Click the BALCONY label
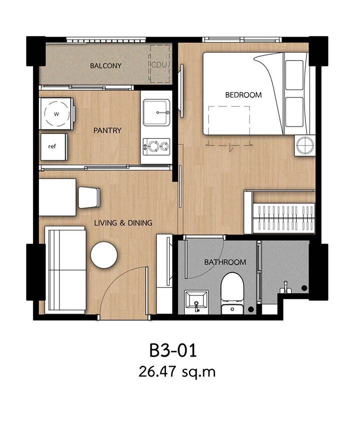point(105,65)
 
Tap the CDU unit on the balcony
point(160,64)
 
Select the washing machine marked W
point(56,113)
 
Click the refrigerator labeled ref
point(54,146)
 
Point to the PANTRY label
point(107,130)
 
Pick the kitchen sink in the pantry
point(156,112)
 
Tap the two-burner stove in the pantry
point(156,146)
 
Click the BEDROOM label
point(243,95)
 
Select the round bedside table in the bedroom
point(305,145)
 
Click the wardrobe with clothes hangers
point(280,212)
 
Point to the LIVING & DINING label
point(123,223)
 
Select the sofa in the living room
point(65,270)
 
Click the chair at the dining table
point(89,197)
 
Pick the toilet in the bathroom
point(232,293)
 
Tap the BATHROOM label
point(225,262)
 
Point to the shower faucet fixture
point(285,287)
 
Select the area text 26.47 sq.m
point(177,371)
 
